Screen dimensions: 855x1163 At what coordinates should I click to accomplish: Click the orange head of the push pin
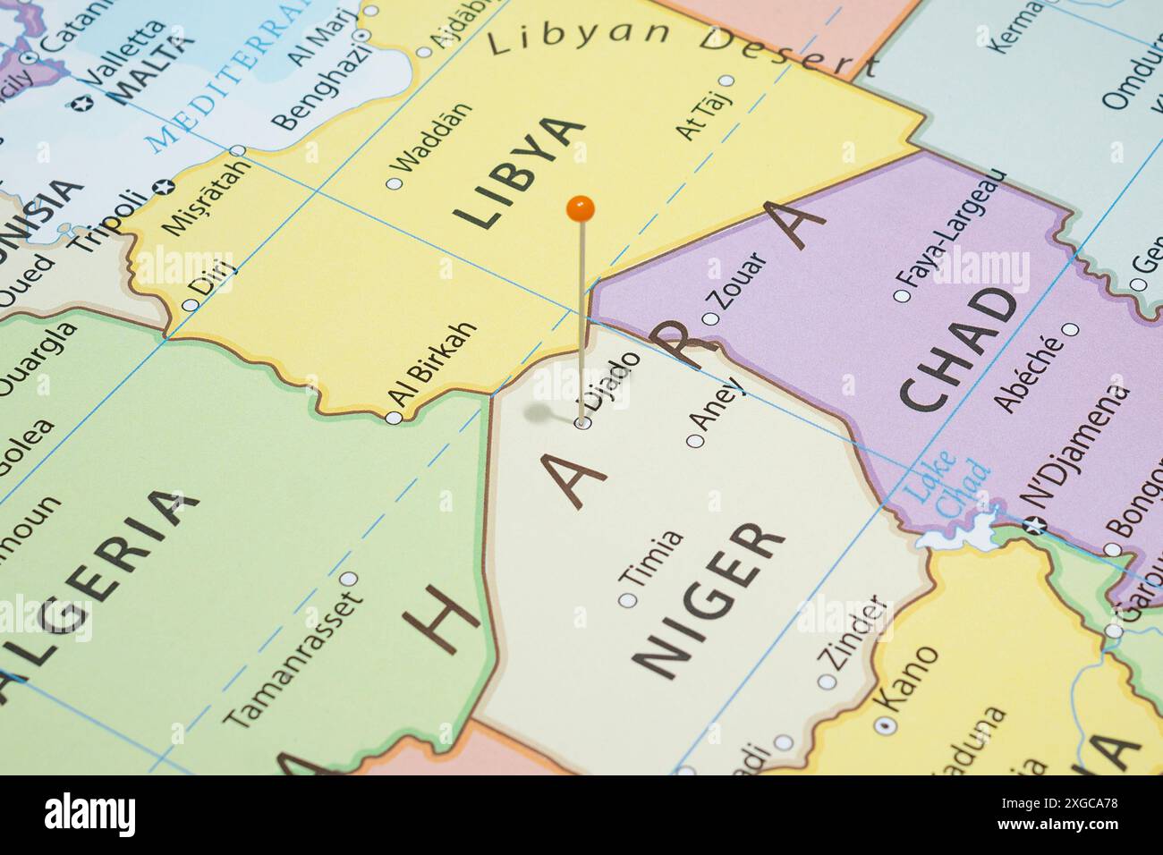(581, 209)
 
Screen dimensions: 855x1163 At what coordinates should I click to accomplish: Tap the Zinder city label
(856, 634)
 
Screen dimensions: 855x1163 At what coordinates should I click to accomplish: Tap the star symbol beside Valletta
(87, 104)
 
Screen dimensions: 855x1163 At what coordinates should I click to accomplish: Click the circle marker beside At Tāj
(726, 80)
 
